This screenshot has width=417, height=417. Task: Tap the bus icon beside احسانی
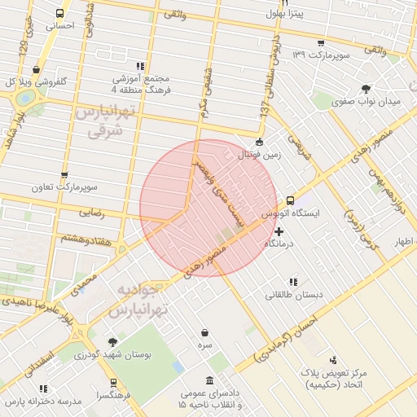pos(59,14)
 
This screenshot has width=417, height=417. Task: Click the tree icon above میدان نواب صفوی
pos(367,88)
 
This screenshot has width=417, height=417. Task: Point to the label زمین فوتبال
pos(257,154)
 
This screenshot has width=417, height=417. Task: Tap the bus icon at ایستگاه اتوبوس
pos(291,200)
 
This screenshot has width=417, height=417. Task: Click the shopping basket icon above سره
pos(204,333)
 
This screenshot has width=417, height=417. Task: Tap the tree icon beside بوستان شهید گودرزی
pos(112,343)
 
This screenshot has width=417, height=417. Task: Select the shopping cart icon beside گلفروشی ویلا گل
pos(35,70)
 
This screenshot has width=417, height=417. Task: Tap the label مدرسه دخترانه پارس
pos(43,402)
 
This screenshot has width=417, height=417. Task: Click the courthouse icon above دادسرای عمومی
pos(210,380)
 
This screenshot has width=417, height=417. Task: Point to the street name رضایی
pos(90,213)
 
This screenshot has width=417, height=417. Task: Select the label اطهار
pos(405,242)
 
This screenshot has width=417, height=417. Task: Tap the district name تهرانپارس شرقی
pos(104,121)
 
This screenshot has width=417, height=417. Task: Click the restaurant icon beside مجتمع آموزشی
pos(141,67)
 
